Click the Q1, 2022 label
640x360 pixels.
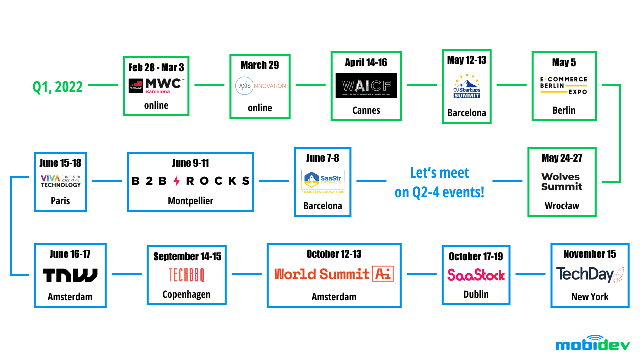58,87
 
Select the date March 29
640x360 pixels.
260,65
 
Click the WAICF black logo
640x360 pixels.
366,86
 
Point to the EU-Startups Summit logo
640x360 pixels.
467,86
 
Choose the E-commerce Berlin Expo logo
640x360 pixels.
564,85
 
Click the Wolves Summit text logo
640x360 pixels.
562,182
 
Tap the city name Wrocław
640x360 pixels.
562,205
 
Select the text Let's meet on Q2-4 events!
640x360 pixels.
439,183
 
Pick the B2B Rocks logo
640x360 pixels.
190,181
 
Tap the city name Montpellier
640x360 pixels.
190,201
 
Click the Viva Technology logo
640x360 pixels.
60,181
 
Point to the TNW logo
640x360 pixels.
70,275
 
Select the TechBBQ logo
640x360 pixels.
186,275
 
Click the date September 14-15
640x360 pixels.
187,257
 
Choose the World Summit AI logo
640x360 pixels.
334,274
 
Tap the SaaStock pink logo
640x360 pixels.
476,275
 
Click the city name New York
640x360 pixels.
590,297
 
